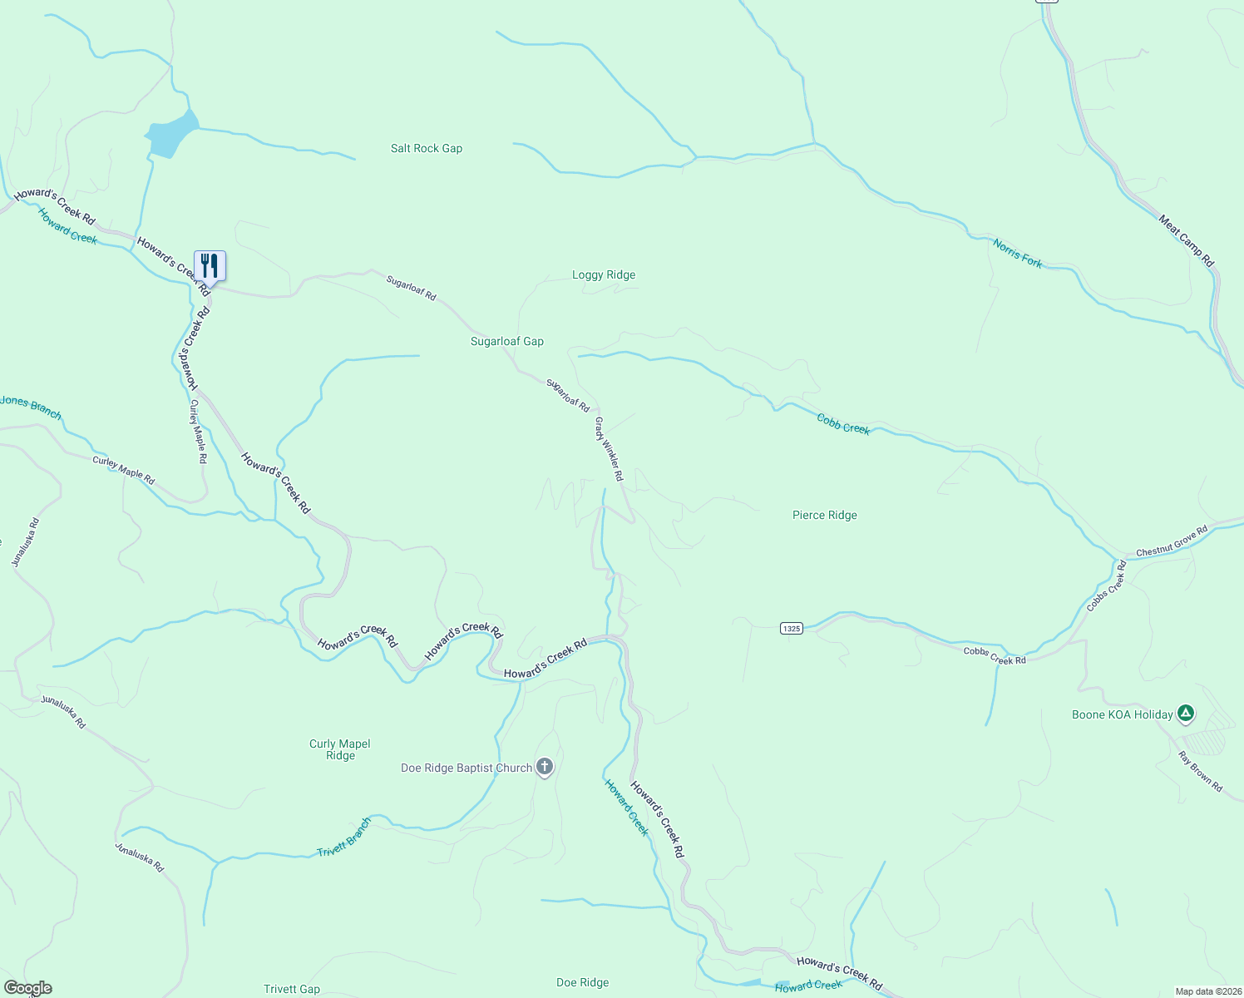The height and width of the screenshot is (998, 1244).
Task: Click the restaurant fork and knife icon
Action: (210, 266)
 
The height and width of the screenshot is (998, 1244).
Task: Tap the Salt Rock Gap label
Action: (427, 148)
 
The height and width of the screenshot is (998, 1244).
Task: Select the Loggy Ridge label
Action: (604, 274)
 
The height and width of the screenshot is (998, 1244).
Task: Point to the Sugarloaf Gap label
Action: (507, 341)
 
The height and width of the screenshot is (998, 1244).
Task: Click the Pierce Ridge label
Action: (824, 515)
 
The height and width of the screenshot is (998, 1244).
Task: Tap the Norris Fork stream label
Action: (1017, 253)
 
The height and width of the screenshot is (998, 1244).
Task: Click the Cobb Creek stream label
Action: (843, 424)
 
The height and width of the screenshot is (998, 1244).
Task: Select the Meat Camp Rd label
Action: (1187, 241)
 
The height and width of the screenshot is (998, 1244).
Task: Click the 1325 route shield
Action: (791, 628)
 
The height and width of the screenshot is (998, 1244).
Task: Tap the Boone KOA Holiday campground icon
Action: (1186, 713)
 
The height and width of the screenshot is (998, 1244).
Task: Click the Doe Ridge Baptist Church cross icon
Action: (544, 767)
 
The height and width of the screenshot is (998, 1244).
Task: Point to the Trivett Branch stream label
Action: (344, 838)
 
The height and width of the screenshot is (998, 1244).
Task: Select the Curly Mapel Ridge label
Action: (340, 749)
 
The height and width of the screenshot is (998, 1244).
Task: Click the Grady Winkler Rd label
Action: (609, 449)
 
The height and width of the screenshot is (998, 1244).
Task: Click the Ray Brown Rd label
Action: (1201, 771)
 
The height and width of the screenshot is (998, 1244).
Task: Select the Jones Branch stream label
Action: (31, 406)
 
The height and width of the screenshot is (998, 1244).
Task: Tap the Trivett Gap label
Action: (292, 989)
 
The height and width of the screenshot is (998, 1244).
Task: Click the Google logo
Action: (28, 988)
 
